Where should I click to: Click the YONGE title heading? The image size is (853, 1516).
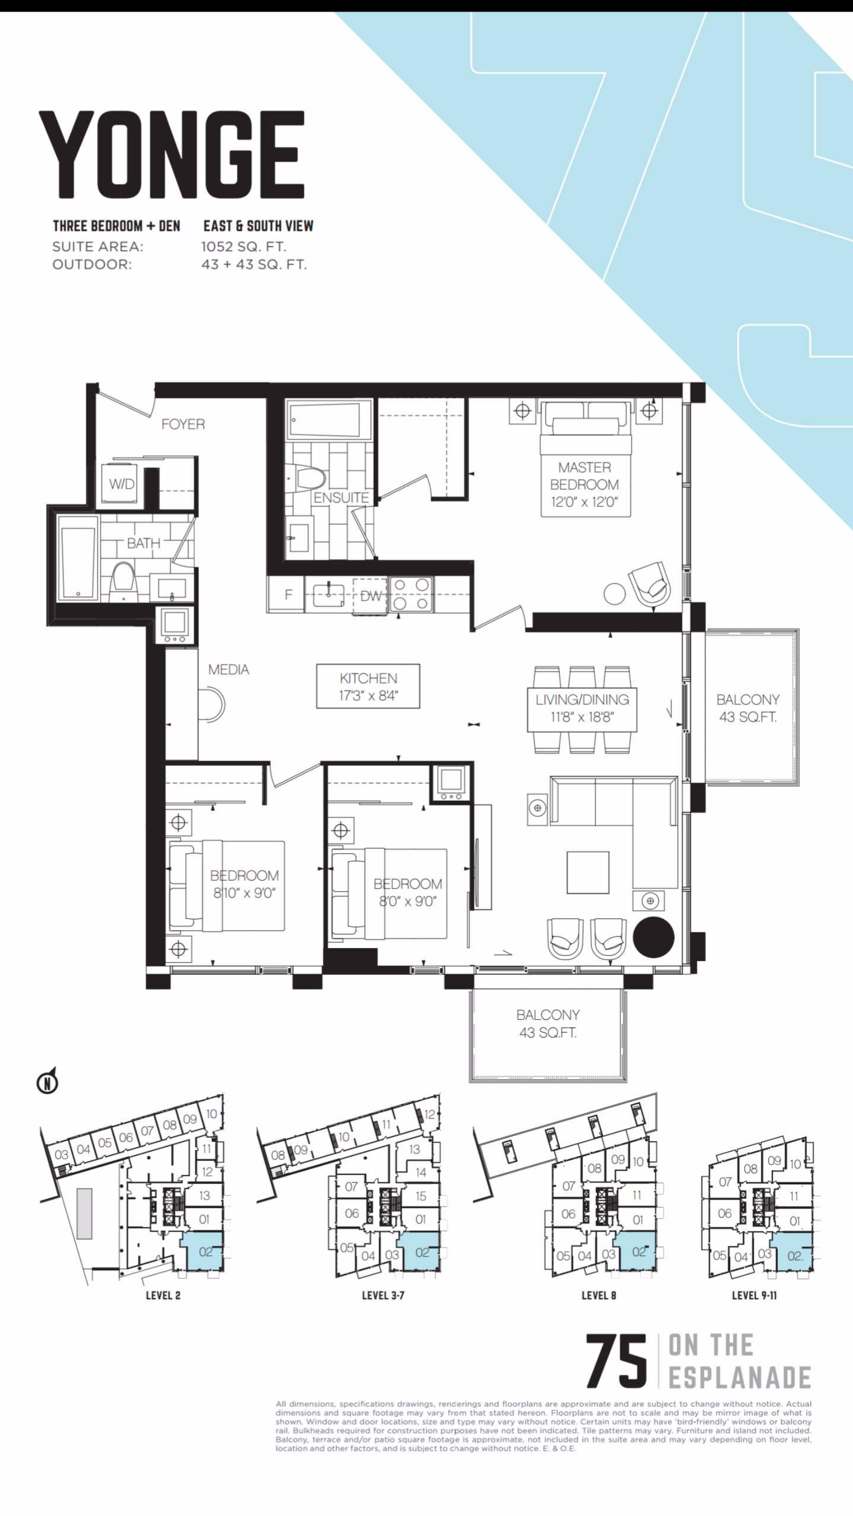tap(171, 156)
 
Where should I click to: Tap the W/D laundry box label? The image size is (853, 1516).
tap(122, 484)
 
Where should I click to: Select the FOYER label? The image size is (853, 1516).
tap(183, 424)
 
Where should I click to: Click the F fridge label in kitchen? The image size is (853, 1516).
tap(289, 594)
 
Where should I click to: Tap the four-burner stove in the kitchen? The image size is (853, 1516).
tap(411, 594)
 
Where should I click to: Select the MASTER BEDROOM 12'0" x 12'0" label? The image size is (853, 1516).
tap(584, 484)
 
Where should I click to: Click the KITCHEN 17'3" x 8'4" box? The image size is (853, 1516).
tap(368, 686)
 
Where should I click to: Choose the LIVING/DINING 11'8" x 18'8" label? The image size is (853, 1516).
tap(582, 708)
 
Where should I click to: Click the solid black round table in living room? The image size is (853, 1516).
tap(653, 937)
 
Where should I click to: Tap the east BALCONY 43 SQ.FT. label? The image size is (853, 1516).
tap(748, 708)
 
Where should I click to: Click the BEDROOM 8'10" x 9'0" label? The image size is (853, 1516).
tap(244, 884)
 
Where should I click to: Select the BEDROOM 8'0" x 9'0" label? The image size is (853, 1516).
tap(408, 892)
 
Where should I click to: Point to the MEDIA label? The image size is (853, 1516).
tap(229, 669)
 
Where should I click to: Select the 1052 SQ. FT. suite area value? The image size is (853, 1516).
tap(244, 246)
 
